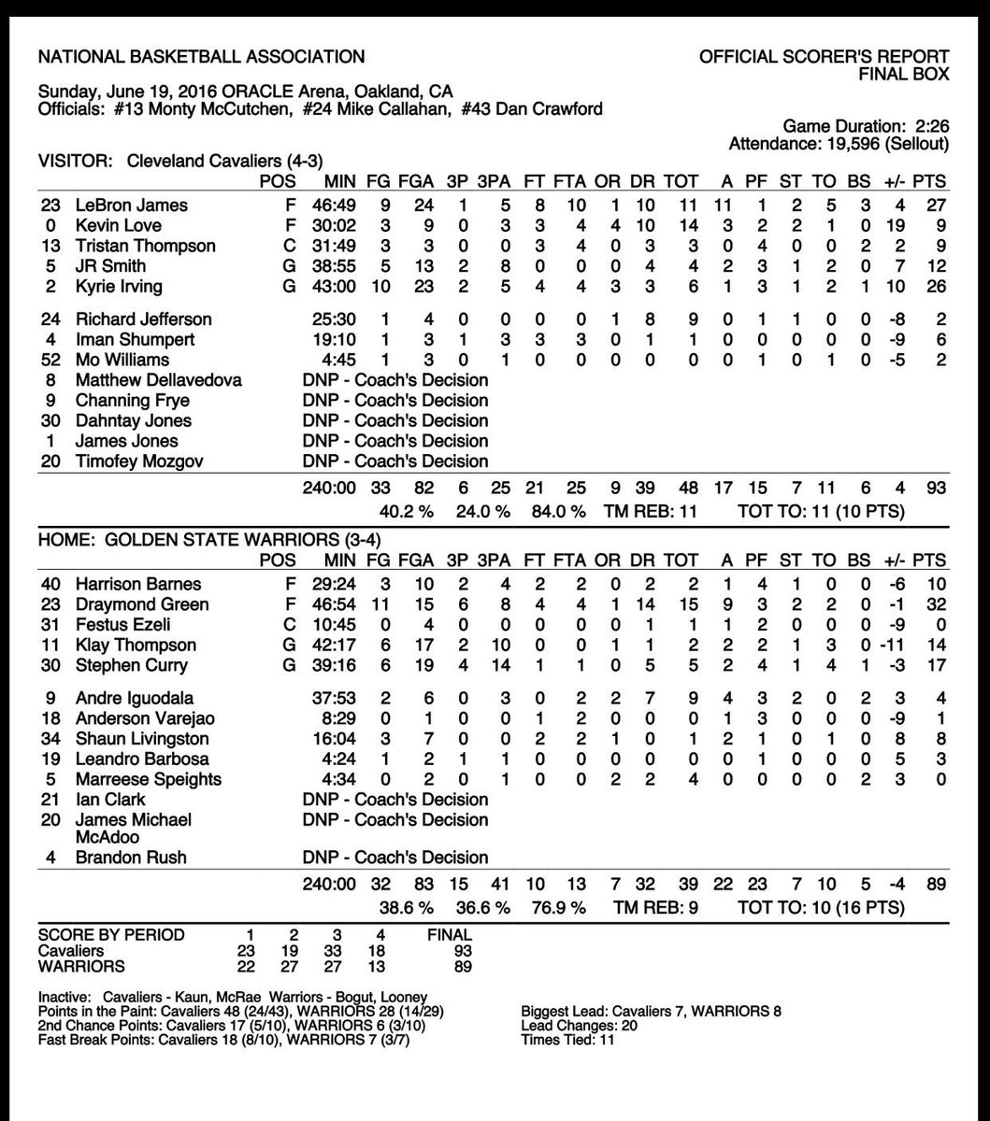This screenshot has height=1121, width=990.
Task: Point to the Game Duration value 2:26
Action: (x=929, y=125)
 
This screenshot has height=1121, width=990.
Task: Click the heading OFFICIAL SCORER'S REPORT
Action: (x=825, y=57)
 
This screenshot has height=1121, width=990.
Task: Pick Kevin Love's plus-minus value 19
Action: (x=893, y=225)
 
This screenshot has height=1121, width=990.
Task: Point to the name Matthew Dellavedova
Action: (x=159, y=380)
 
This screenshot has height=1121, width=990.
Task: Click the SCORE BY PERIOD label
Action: (x=111, y=934)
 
